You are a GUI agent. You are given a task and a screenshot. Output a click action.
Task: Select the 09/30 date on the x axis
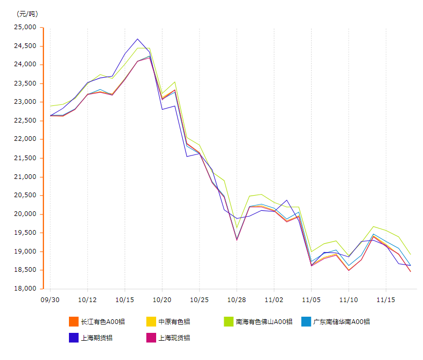click(x=50, y=300)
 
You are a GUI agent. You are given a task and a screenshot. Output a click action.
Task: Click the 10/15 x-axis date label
click(x=124, y=300)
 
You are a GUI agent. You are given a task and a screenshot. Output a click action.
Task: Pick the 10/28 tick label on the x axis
click(x=237, y=300)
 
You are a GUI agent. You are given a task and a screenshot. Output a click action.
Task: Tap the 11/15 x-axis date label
click(x=386, y=300)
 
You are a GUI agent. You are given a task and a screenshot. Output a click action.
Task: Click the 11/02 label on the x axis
click(x=274, y=300)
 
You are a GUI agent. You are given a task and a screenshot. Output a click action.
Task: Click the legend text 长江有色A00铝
click(x=103, y=321)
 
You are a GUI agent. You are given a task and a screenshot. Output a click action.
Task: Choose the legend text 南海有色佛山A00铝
click(x=264, y=321)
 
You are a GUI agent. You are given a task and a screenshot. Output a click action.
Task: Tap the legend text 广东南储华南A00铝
click(x=341, y=321)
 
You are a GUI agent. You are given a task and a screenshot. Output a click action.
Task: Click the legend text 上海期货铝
click(x=97, y=338)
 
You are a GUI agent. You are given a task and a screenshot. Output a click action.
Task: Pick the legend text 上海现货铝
click(x=174, y=338)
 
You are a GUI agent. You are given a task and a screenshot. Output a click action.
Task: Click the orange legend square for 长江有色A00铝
click(x=74, y=321)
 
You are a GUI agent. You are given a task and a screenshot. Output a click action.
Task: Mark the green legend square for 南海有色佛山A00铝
click(x=228, y=321)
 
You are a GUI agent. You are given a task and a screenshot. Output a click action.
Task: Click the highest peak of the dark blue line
click(x=137, y=39)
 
